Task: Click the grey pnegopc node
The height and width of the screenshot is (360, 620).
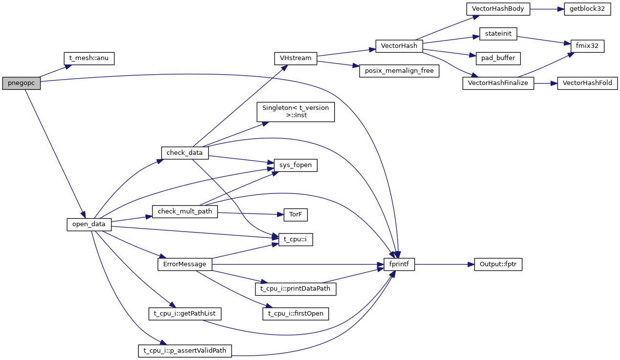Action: pyautogui.click(x=21, y=83)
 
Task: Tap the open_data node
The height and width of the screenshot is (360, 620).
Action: pyautogui.click(x=89, y=225)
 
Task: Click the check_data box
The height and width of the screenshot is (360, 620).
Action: pyautogui.click(x=185, y=153)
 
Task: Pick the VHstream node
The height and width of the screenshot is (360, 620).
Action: pyautogui.click(x=296, y=58)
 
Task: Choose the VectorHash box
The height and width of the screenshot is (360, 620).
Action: pyautogui.click(x=399, y=46)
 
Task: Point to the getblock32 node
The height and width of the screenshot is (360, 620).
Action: pyautogui.click(x=587, y=9)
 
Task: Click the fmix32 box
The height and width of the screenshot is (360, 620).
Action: pyautogui.click(x=583, y=46)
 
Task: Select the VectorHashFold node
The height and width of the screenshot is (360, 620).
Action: pyautogui.click(x=587, y=83)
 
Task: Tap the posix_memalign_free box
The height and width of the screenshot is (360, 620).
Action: pyautogui.click(x=399, y=70)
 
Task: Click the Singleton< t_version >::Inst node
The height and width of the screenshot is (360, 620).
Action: pyautogui.click(x=296, y=111)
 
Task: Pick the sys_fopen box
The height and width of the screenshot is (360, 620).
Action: pyautogui.click(x=296, y=166)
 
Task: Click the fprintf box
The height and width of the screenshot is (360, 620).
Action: pyautogui.click(x=399, y=265)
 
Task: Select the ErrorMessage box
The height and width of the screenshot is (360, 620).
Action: pyautogui.click(x=185, y=264)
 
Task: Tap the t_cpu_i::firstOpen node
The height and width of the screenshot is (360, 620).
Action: pyautogui.click(x=296, y=314)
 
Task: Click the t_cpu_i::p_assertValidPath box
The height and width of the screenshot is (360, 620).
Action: pyautogui.click(x=185, y=350)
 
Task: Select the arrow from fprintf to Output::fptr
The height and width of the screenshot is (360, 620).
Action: pyautogui.click(x=444, y=265)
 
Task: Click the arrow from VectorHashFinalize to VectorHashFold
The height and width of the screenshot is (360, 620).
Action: pyautogui.click(x=545, y=83)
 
